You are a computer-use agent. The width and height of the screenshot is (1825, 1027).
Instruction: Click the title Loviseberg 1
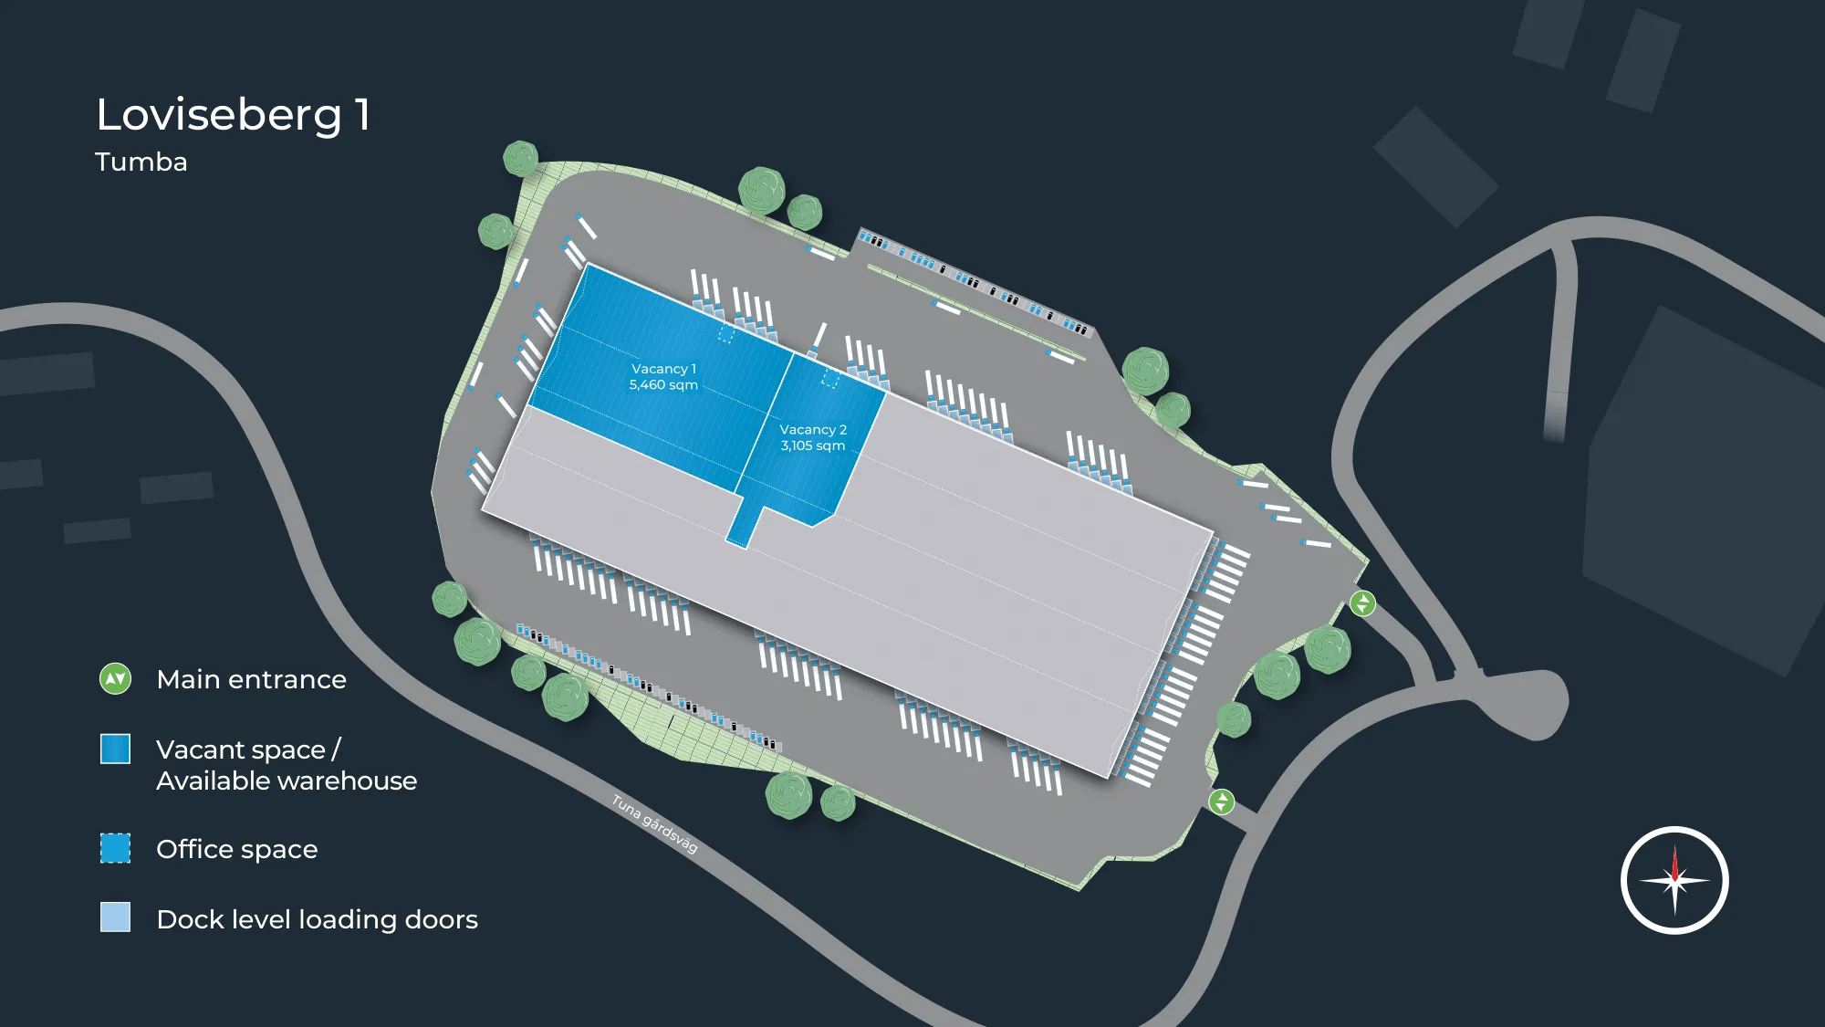[x=234, y=115]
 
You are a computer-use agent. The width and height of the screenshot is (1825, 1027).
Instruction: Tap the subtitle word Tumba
[x=141, y=162]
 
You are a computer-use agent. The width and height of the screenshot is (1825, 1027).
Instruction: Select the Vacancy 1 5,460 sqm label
[x=663, y=377]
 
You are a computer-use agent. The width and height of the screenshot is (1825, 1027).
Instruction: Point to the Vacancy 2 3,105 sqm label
[x=813, y=437]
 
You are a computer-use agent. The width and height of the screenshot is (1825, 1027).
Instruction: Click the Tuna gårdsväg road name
[x=654, y=823]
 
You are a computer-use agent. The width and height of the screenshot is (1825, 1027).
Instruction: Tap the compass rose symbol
[x=1674, y=880]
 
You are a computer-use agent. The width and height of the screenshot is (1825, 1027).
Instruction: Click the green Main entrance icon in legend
[x=116, y=679]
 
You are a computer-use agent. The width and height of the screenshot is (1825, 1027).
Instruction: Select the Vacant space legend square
[x=116, y=749]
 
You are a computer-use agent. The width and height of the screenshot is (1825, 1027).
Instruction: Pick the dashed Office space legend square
[x=116, y=848]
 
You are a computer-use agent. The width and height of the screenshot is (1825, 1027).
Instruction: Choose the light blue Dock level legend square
[x=116, y=917]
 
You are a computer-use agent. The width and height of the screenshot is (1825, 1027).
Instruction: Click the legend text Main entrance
[x=251, y=680]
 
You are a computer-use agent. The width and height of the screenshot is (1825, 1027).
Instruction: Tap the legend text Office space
[x=237, y=850]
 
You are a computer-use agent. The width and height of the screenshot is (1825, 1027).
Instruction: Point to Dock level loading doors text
[x=317, y=919]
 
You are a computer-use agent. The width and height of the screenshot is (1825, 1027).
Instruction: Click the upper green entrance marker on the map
[x=1362, y=603]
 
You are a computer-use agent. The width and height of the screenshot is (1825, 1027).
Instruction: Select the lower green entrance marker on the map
[x=1222, y=802]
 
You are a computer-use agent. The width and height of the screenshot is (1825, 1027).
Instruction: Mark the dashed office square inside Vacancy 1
[x=726, y=334]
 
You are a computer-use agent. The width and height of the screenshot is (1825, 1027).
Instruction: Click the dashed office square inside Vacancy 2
[x=830, y=378]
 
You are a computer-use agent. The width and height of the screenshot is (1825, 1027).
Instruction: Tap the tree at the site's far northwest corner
[x=521, y=159]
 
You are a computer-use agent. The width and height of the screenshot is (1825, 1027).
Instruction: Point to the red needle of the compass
[x=1674, y=864]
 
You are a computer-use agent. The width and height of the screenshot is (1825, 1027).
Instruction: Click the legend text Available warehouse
[x=287, y=781]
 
